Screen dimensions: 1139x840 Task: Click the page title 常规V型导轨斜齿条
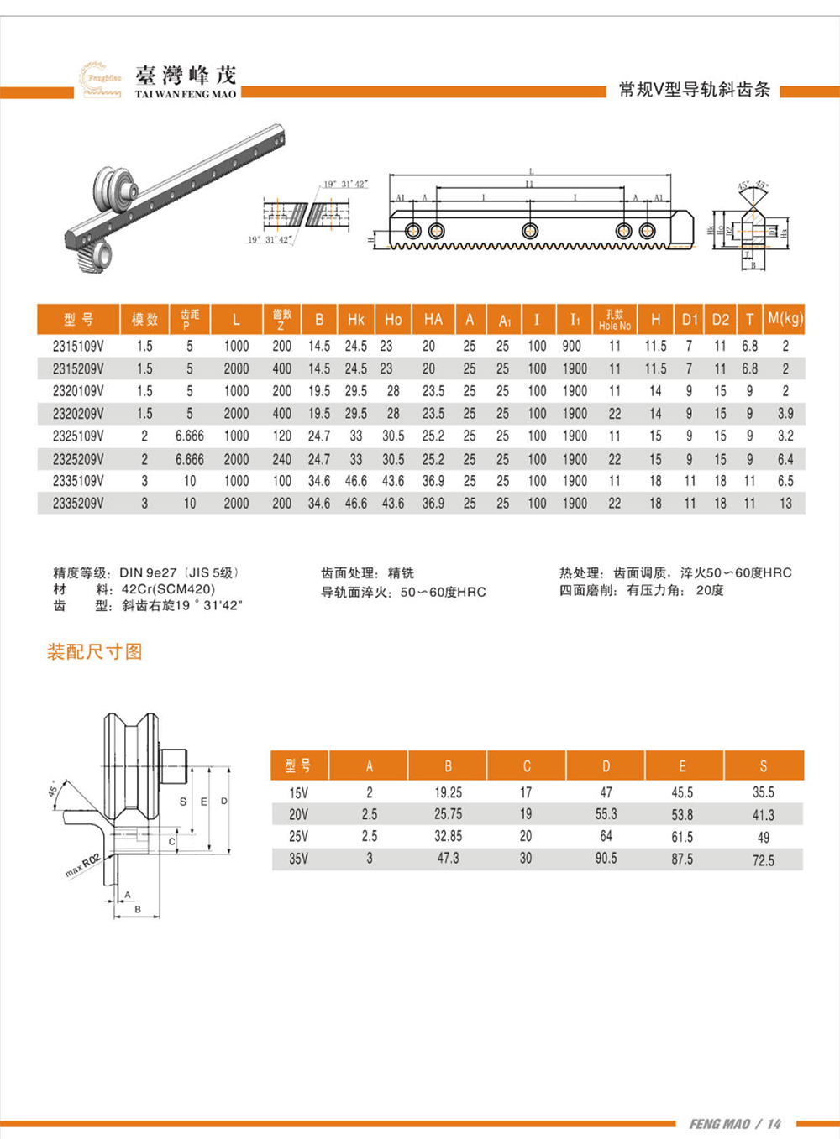[694, 90]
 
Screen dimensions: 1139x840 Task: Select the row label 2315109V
[78, 346]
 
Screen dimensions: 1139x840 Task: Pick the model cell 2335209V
[78, 504]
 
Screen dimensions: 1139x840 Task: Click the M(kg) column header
[785, 319]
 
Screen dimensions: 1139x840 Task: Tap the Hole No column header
[614, 320]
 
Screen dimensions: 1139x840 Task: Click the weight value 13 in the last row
[785, 504]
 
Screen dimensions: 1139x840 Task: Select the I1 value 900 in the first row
[572, 346]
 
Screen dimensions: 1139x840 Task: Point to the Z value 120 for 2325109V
[281, 436]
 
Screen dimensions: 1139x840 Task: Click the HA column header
[433, 319]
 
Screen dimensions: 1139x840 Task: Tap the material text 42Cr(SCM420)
[168, 589]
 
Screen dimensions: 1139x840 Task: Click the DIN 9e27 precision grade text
[148, 572]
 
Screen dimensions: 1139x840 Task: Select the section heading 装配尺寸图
[95, 652]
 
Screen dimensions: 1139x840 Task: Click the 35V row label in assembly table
[298, 859]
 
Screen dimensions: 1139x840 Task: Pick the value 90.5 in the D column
[606, 859]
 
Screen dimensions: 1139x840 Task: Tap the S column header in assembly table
[763, 765]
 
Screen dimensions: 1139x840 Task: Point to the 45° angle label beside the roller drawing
[53, 787]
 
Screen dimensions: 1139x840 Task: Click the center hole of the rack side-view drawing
[529, 231]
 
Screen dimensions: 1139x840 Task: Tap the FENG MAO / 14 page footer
[735, 1124]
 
